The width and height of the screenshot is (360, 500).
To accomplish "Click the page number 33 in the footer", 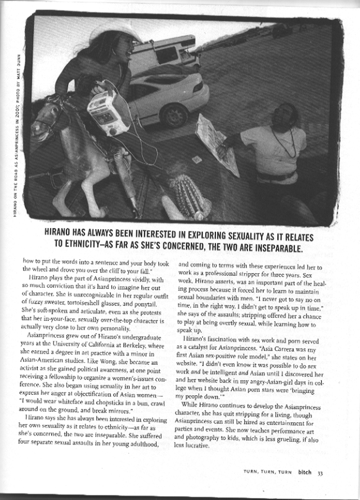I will point(319,472).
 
